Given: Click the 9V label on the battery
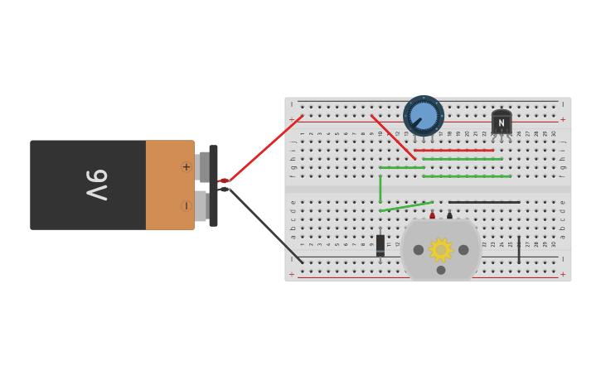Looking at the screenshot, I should coord(98,184).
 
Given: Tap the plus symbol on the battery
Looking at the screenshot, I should coord(186,166).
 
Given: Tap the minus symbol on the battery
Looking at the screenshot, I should coord(186,205).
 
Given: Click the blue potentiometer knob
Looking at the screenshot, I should coord(423,115).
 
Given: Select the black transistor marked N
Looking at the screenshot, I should coord(501,123).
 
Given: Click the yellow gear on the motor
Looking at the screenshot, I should coord(440,249).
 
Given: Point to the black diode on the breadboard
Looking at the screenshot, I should coord(380,244).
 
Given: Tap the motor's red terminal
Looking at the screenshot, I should coord(432,215).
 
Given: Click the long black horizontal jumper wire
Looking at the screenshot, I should coord(484,202).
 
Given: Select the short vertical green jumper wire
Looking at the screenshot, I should coord(380,189).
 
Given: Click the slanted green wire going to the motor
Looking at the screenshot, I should coord(406,206).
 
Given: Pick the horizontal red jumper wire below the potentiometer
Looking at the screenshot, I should coord(454,151).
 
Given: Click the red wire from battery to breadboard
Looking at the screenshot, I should coord(265,149).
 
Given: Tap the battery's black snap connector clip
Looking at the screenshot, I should coord(213,185).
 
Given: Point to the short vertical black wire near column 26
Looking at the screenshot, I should coord(519,249).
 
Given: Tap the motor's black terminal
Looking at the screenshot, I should coord(449,215).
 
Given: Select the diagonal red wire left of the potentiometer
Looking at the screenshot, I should coord(393,137).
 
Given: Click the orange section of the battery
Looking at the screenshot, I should coord(168,185).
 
